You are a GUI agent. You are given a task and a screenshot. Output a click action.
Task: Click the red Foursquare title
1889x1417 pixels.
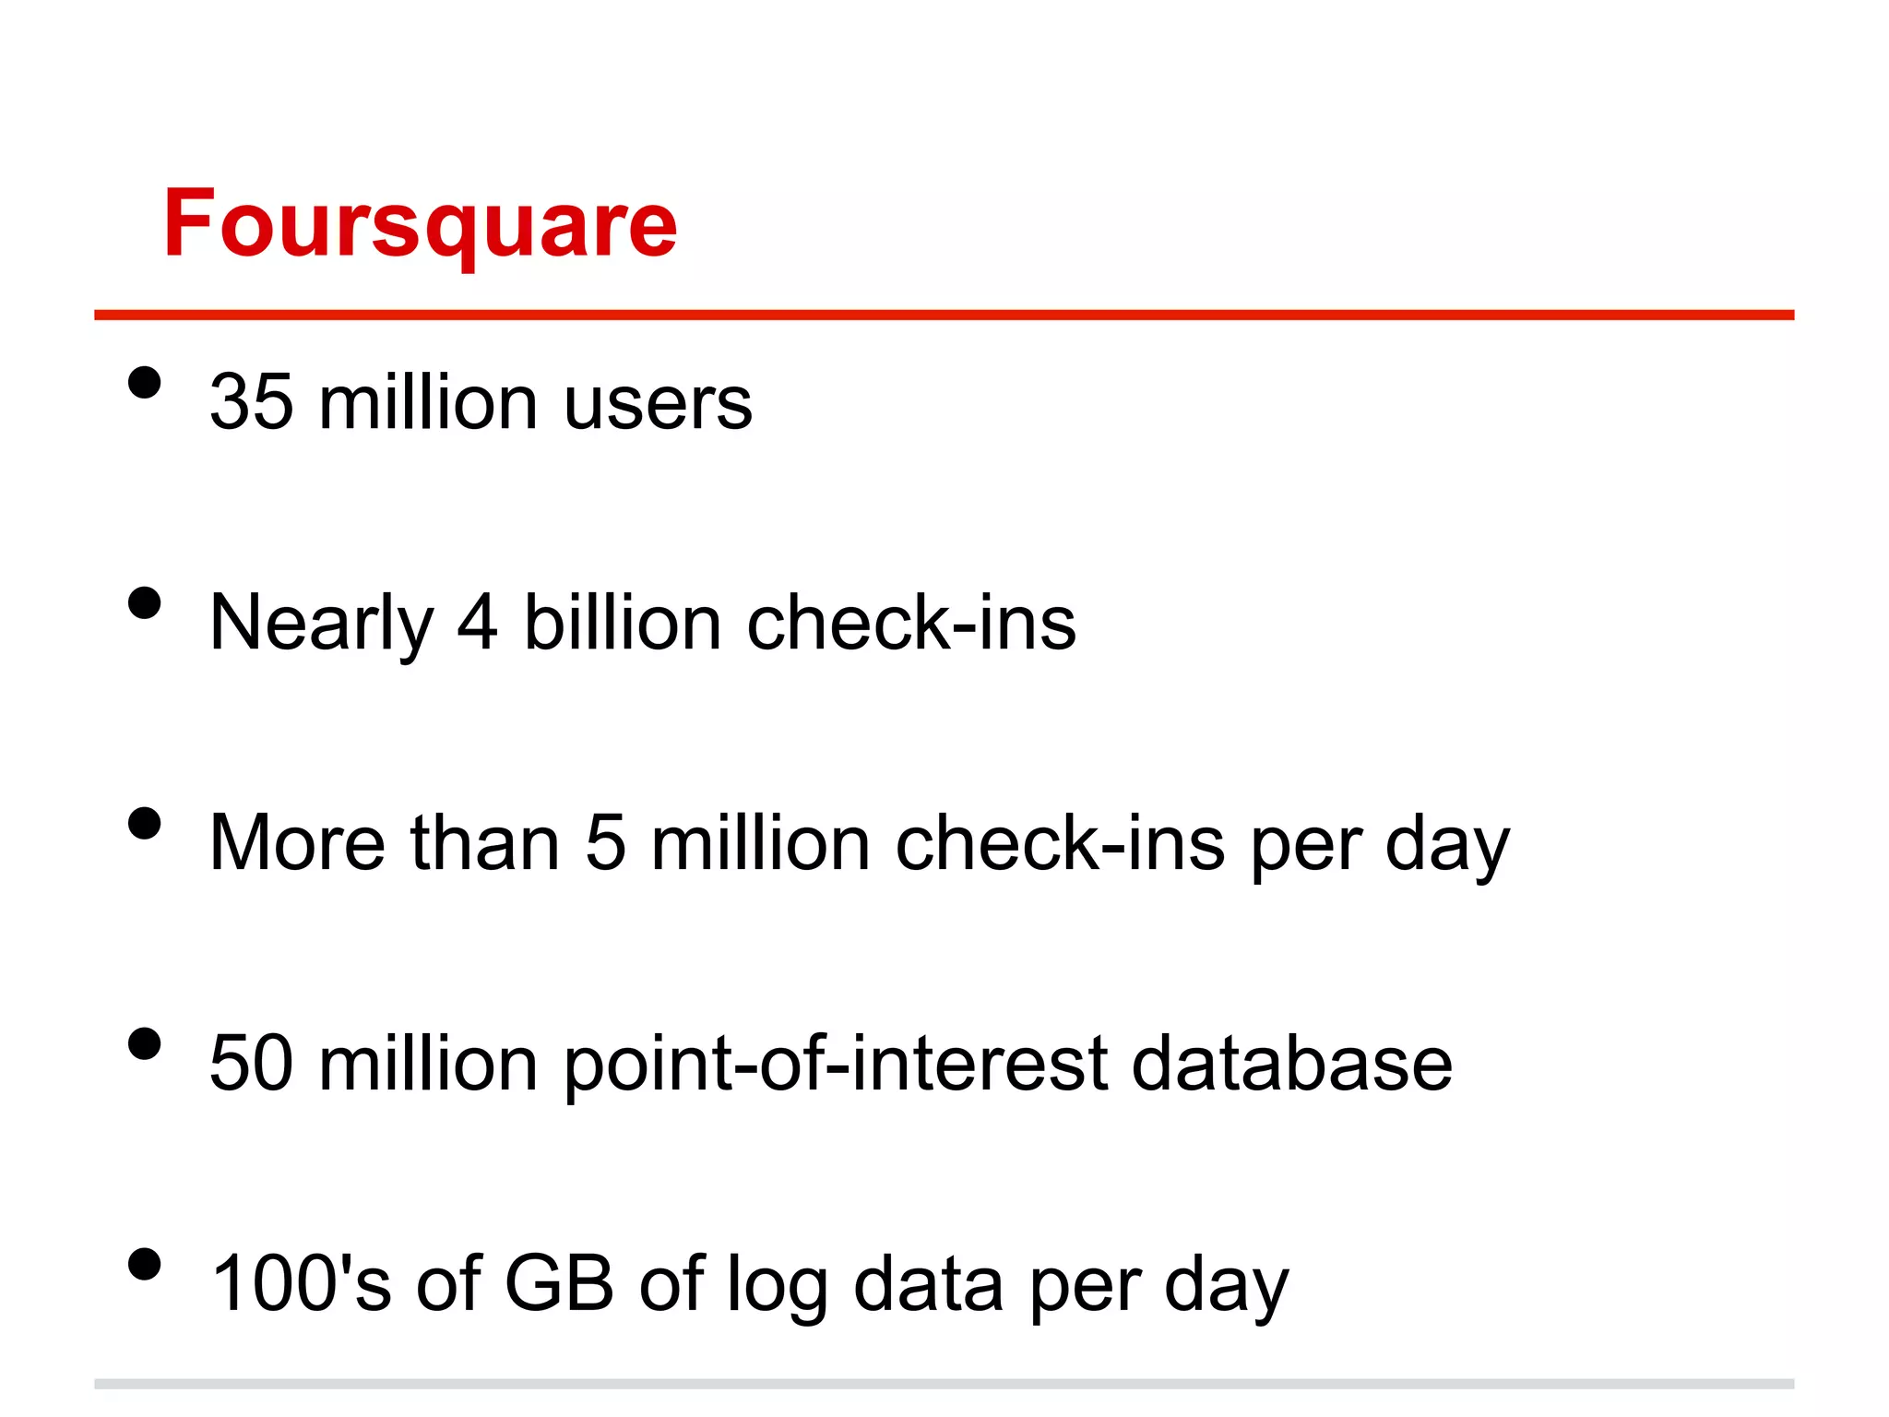click(421, 224)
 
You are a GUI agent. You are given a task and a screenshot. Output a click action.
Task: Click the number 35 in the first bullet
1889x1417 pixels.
click(251, 402)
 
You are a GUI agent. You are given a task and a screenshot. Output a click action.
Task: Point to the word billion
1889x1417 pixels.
click(622, 623)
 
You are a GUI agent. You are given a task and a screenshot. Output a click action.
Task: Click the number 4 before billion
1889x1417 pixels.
click(478, 623)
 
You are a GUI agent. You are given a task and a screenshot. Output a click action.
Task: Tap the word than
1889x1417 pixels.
click(485, 843)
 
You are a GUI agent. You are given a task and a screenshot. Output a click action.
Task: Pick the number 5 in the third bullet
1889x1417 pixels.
click(605, 843)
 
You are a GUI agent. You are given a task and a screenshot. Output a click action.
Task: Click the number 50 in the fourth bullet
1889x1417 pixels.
click(251, 1064)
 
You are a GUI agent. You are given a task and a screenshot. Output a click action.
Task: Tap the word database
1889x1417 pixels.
click(1291, 1064)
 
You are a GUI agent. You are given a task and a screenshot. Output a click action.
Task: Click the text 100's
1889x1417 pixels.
click(301, 1283)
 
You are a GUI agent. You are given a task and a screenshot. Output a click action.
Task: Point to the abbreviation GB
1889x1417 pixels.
click(559, 1283)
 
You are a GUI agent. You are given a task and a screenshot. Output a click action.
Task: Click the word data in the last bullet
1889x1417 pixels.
click(928, 1283)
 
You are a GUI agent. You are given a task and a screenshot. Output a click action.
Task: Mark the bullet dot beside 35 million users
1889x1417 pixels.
click(145, 383)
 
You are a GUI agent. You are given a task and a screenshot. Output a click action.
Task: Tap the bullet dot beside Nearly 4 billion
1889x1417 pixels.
click(145, 603)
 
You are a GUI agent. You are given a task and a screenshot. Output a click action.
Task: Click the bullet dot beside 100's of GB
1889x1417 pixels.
click(145, 1264)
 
